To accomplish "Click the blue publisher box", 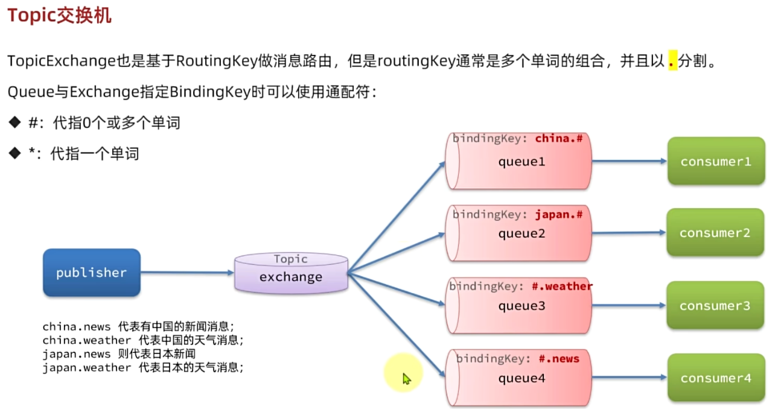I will (x=92, y=273).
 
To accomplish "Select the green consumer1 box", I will (x=716, y=161).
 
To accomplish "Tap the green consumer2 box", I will (x=715, y=233).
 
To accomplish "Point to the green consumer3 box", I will (x=715, y=305).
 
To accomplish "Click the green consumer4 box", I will (x=716, y=378).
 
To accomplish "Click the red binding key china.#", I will (x=558, y=138).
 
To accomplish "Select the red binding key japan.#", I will (x=558, y=214).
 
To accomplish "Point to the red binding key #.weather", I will (x=562, y=286).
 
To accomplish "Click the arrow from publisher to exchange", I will (x=187, y=273).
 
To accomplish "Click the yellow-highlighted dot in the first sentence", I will (x=672, y=62).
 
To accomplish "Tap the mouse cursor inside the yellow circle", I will (x=406, y=379).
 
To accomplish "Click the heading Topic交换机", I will (x=59, y=16).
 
